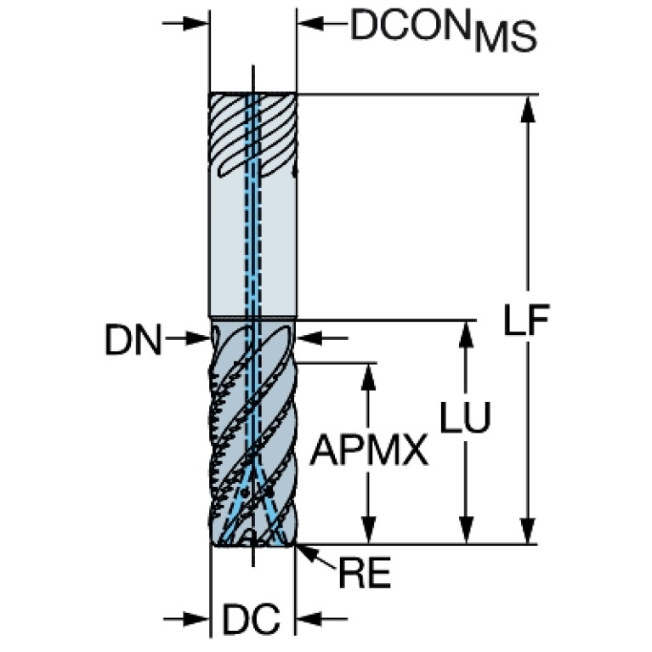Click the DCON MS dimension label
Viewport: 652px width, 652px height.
[444, 30]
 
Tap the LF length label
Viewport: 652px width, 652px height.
[527, 320]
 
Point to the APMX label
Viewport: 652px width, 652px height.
[369, 451]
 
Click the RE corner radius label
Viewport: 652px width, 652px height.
[365, 573]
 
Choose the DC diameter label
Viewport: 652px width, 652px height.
[251, 619]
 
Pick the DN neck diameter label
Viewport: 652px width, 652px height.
[133, 340]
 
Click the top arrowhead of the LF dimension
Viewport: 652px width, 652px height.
[528, 109]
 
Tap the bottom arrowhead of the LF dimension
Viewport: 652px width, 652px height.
[528, 530]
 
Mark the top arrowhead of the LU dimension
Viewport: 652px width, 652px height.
[466, 335]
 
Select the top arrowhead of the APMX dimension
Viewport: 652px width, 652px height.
[368, 377]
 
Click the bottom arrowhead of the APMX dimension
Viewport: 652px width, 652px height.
[368, 530]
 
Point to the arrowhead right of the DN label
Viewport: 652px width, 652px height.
[196, 338]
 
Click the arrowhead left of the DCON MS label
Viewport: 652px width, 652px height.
[310, 23]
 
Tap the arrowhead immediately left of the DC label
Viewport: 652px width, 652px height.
[196, 619]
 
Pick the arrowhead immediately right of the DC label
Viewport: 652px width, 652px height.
[309, 619]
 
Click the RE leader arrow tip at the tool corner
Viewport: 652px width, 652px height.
[296, 545]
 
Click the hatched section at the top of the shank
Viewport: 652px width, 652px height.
[252, 135]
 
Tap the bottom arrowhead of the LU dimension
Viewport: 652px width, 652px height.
[466, 530]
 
